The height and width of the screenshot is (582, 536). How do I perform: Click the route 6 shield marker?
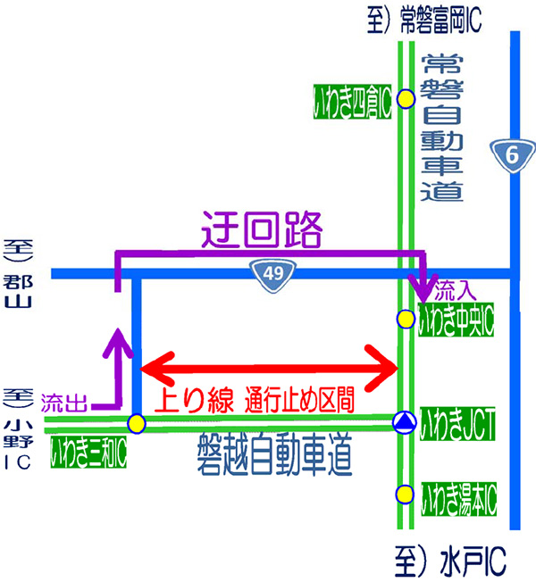coord(512,154)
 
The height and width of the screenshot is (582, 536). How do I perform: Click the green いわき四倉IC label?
coord(352,100)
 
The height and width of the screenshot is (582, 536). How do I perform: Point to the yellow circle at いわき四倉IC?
coord(406,99)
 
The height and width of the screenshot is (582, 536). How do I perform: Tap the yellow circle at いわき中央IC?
coord(406,318)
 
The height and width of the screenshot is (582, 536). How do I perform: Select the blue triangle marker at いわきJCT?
coord(406,421)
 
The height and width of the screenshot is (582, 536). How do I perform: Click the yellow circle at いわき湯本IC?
coord(406,494)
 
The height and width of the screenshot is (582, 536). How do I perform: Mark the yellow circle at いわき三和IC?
coord(136,422)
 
